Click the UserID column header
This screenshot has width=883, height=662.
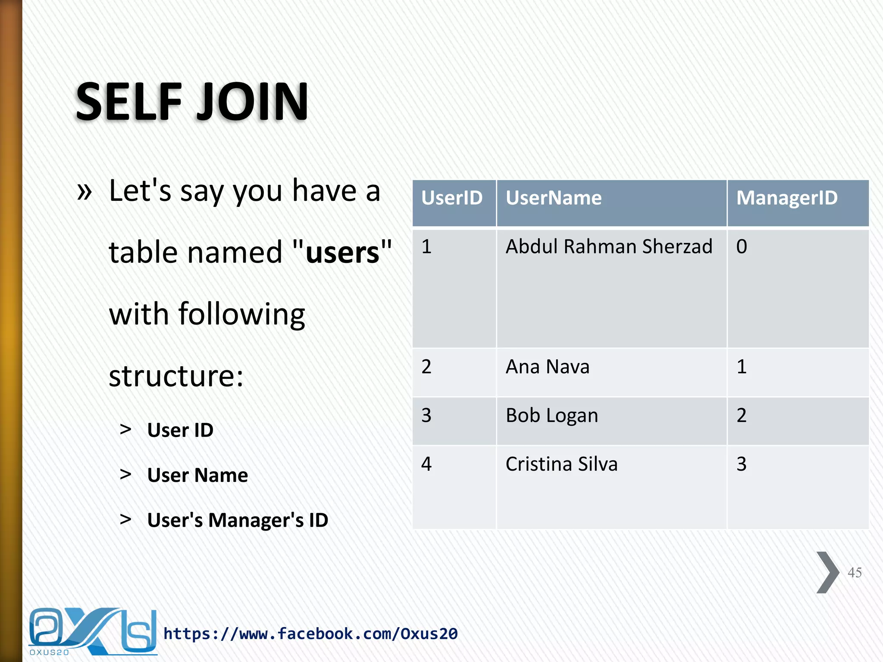(452, 198)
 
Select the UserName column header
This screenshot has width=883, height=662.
(554, 198)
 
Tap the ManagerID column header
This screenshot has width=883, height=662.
(787, 198)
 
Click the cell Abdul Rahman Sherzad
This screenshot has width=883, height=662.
(609, 247)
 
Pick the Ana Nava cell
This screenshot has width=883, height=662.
(547, 367)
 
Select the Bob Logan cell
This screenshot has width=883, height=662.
(552, 416)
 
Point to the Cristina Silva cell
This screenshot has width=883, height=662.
(561, 465)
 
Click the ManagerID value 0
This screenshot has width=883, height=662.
(742, 247)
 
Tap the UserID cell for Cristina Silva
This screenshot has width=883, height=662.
(426, 465)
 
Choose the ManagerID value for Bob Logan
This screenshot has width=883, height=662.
(742, 416)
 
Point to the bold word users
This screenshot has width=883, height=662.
(342, 253)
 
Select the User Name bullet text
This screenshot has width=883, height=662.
(197, 475)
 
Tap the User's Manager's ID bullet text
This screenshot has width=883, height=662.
(238, 520)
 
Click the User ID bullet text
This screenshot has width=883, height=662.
(180, 430)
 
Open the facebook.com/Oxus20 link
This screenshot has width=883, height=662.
(310, 634)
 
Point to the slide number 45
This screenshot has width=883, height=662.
(855, 573)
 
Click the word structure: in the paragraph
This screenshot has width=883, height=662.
(176, 376)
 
